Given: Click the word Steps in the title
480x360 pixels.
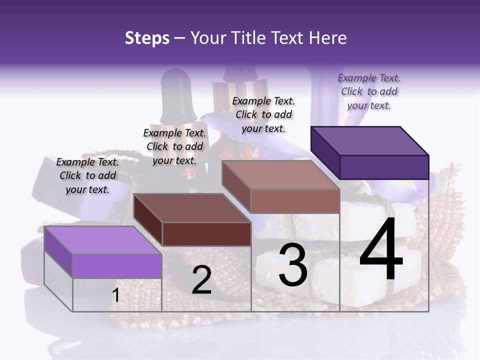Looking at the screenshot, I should tap(147, 38).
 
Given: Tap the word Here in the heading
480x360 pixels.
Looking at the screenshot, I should tap(328, 38).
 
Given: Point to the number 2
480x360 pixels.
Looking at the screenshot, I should tap(201, 280).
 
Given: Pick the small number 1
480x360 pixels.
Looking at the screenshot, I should tap(115, 295).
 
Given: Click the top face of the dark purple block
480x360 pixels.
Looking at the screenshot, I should tap(369, 140).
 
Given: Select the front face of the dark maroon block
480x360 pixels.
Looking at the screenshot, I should tap(206, 234).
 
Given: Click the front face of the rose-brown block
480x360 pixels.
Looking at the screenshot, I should tap(295, 201).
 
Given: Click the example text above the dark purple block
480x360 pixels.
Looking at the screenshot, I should tap(369, 91).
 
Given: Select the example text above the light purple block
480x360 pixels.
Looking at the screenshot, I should tap(87, 175).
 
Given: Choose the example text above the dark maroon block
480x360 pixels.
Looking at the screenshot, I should tap(174, 146).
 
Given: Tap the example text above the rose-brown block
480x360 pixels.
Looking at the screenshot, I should tap(263, 114).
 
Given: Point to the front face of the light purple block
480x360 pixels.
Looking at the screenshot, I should tap(117, 266).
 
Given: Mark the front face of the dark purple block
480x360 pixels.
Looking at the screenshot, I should tap(384, 167).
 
